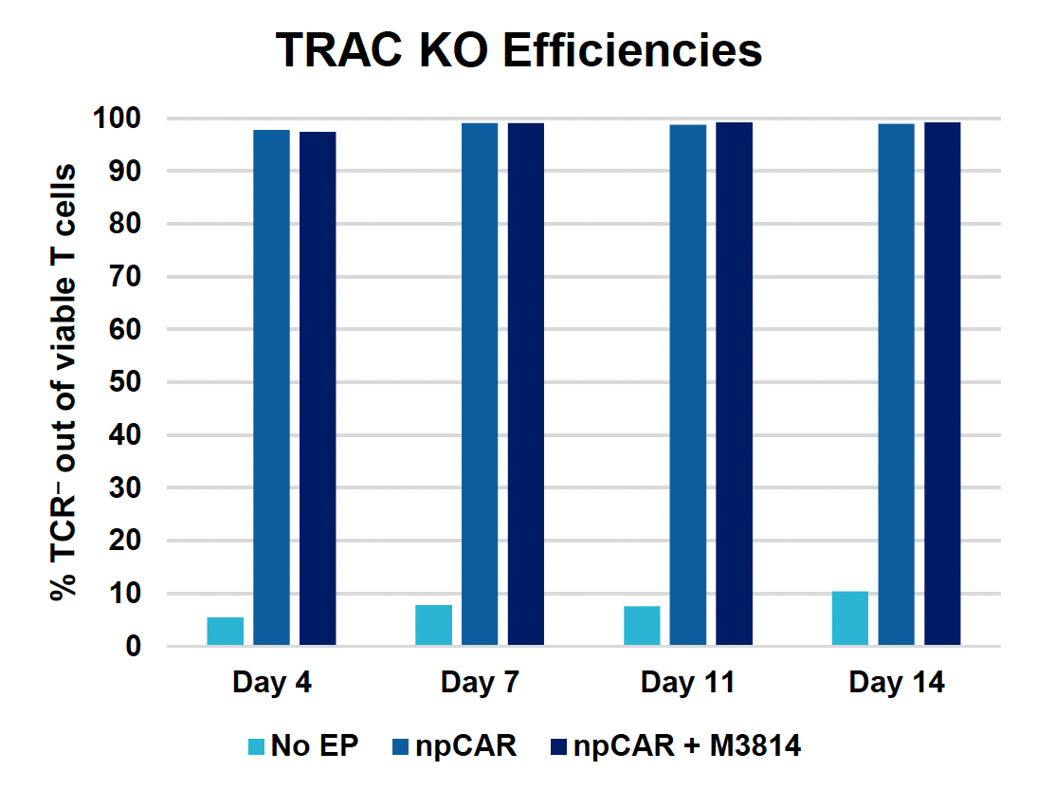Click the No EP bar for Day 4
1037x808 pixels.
point(226,632)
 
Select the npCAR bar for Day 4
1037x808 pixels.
point(272,388)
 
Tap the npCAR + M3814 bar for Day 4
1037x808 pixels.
point(318,389)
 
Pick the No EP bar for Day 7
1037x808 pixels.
point(434,626)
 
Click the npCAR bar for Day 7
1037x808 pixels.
point(480,385)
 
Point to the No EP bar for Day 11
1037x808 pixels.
point(642,626)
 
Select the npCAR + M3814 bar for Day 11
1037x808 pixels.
point(735,384)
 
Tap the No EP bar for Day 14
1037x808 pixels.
point(850,618)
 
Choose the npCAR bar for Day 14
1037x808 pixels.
point(897,385)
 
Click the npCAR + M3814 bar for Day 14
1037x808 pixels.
point(942,384)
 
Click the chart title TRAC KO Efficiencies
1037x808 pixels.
point(518,50)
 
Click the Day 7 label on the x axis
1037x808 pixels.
point(480,683)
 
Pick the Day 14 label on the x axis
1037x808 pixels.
point(897,683)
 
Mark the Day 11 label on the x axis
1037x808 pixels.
point(688,683)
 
